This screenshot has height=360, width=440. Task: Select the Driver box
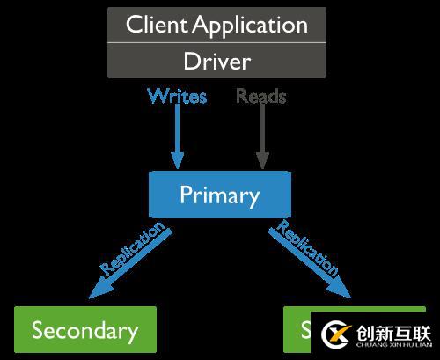[216, 62]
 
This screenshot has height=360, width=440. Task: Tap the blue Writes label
[177, 96]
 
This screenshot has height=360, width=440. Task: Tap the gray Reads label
[261, 96]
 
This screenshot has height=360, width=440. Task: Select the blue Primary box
[219, 195]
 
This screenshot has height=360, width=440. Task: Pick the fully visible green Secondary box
[84, 330]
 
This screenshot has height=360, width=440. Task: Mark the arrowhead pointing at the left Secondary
[98, 290]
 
